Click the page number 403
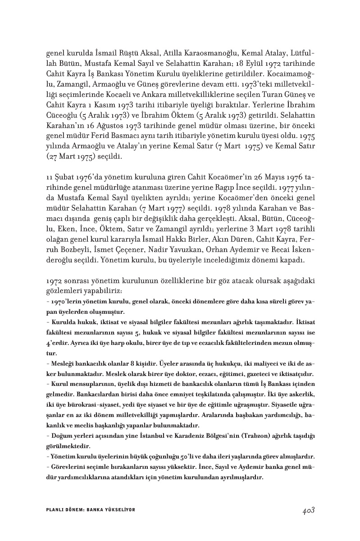click(x=308, y=510)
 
